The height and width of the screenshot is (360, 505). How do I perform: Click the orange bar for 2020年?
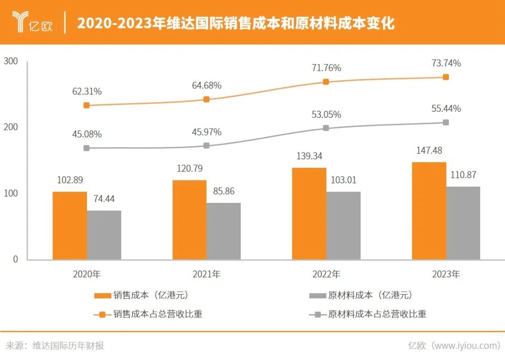70,225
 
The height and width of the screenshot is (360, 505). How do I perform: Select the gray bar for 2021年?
224,231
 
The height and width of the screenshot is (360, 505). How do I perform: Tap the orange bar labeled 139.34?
309,213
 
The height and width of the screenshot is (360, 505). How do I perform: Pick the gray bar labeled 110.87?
463,223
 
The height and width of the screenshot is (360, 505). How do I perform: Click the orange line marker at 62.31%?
87,105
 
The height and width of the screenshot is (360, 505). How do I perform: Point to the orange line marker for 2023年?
446,77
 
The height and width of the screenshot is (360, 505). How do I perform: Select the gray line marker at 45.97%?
207,146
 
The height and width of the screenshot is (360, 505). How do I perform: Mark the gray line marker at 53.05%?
326,128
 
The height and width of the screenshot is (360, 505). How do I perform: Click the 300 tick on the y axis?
11,61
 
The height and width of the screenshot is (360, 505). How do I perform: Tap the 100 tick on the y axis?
11,193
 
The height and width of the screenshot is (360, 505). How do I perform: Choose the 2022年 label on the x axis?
326,274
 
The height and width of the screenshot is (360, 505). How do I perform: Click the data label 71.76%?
326,68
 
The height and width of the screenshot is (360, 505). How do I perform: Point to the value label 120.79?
189,168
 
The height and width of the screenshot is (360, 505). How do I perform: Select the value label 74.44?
104,199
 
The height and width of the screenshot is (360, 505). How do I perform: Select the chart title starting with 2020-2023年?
236,23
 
